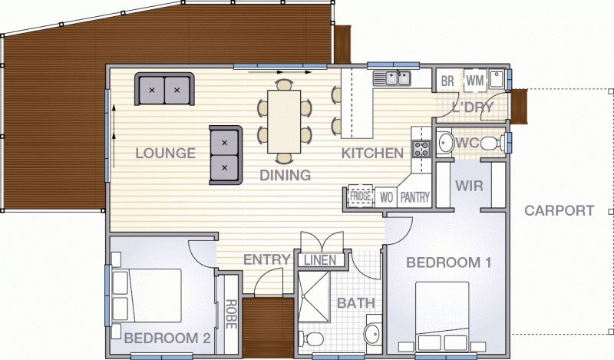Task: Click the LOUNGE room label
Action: [165, 153]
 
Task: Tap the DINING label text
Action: [285, 176]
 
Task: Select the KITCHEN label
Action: [372, 153]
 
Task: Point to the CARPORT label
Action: [560, 210]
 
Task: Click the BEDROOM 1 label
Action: [448, 263]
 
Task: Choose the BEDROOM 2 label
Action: [167, 337]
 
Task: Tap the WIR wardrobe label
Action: [468, 185]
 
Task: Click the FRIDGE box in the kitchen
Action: [361, 197]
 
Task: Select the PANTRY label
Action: [414, 197]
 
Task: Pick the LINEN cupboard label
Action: [319, 260]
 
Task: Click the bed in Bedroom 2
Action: [146, 296]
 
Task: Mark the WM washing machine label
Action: [474, 80]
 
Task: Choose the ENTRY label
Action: [266, 259]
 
